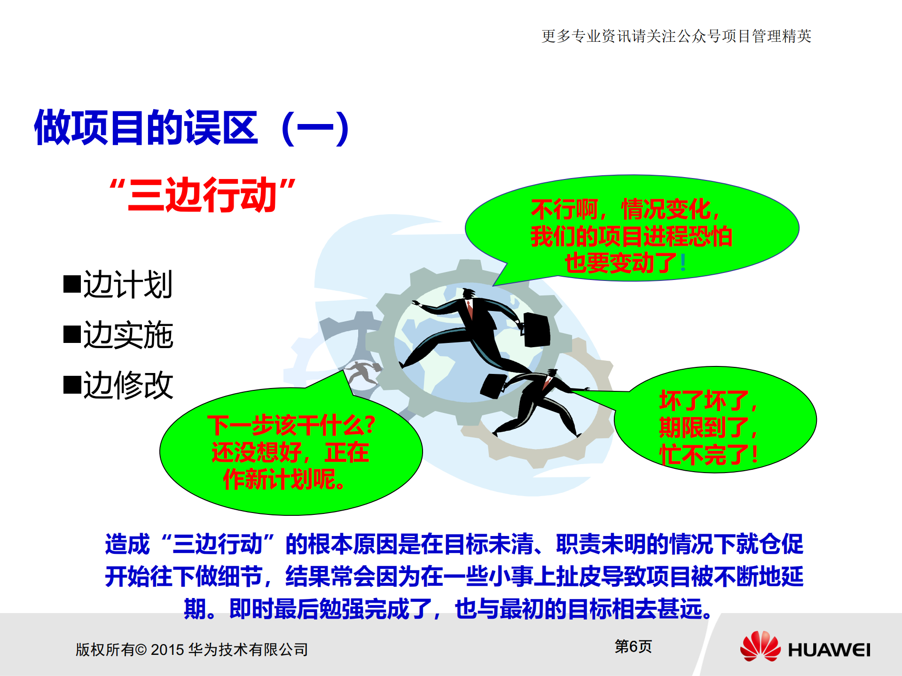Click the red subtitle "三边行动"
click(x=202, y=194)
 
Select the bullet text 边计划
click(x=128, y=284)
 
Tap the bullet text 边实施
click(x=128, y=335)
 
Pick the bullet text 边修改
click(x=128, y=385)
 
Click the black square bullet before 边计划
click(x=72, y=284)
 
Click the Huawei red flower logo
click(x=760, y=646)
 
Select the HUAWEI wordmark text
click(x=829, y=650)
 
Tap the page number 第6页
click(x=633, y=646)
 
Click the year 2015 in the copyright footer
click(x=167, y=650)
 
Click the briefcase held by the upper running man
click(x=537, y=329)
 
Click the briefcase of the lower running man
click(x=492, y=386)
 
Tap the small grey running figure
click(x=363, y=372)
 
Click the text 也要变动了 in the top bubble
click(x=620, y=263)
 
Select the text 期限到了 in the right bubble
click(x=704, y=427)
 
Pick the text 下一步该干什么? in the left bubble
click(x=291, y=425)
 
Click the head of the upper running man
click(x=468, y=294)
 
